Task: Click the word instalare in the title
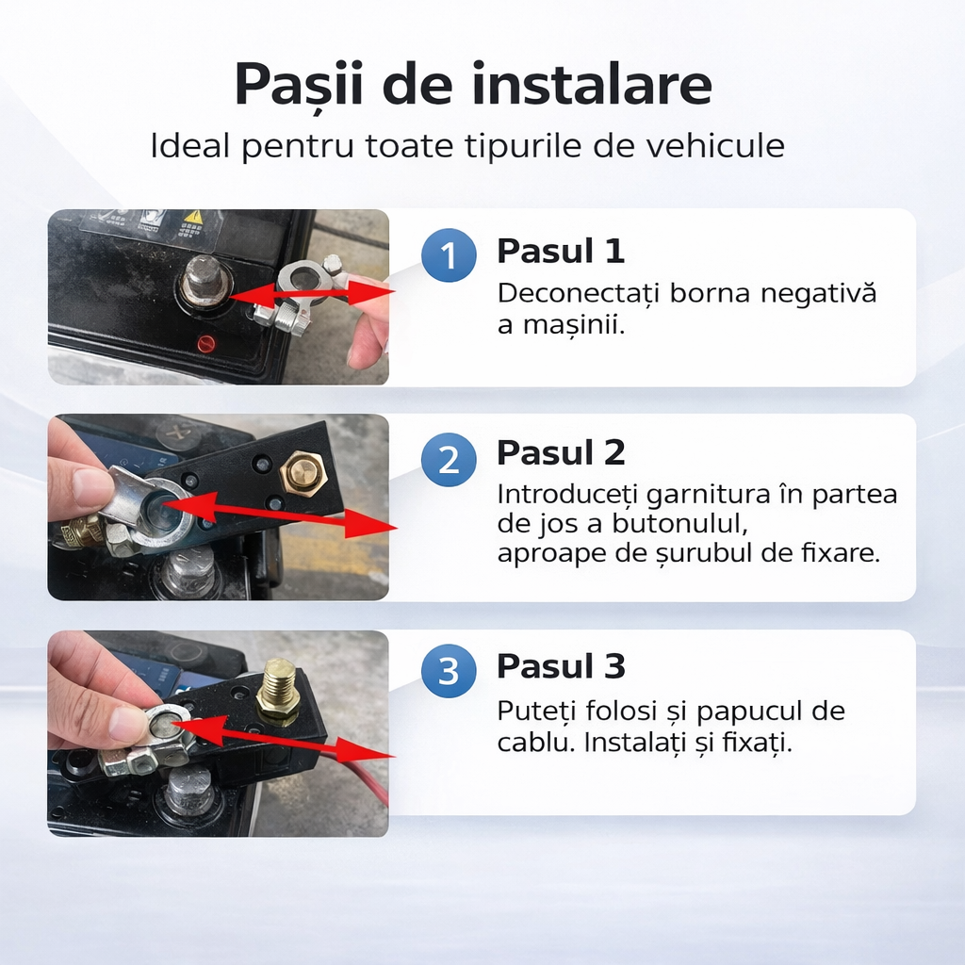tap(592, 84)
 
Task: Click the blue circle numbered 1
tap(449, 256)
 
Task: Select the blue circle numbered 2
tap(449, 460)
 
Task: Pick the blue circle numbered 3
tap(449, 673)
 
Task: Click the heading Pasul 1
tap(561, 252)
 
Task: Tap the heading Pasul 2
tap(561, 453)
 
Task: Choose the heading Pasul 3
tap(561, 666)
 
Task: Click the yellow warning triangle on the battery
tap(193, 219)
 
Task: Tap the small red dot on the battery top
tap(205, 343)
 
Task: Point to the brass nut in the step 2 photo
tap(303, 470)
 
